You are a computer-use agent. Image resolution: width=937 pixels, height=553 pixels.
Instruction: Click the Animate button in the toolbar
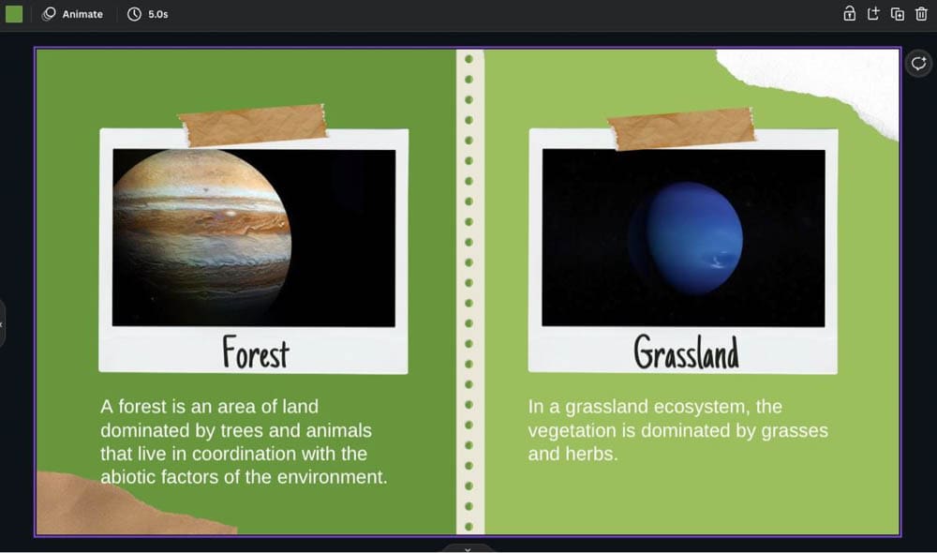(72, 14)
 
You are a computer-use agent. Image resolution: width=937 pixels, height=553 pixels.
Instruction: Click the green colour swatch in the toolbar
(14, 14)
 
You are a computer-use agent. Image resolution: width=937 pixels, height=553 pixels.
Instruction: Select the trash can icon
(921, 14)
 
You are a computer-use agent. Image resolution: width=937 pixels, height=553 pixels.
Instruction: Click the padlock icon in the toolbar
(849, 14)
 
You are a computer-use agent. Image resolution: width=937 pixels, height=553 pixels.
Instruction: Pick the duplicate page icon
(897, 14)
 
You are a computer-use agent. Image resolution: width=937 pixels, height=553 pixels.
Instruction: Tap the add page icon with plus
(873, 14)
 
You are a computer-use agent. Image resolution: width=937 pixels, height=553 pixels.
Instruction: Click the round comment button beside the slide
(918, 64)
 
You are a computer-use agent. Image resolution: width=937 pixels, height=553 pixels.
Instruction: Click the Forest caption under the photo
(256, 352)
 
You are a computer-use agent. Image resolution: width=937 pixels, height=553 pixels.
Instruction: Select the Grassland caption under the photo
(686, 351)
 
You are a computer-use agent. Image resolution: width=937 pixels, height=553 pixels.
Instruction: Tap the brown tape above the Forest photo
(253, 125)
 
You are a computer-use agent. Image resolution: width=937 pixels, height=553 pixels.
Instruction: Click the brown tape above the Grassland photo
(681, 128)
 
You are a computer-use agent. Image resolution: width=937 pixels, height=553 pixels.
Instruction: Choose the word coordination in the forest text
(244, 454)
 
